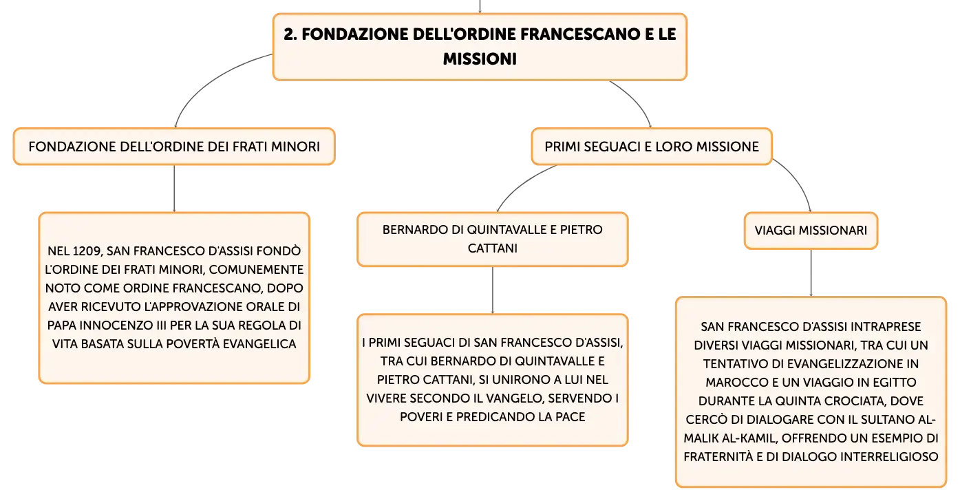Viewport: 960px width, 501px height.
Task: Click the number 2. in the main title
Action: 290,34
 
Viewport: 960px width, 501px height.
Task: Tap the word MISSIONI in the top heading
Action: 480,58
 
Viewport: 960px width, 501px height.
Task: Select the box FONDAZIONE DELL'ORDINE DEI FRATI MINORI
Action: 174,147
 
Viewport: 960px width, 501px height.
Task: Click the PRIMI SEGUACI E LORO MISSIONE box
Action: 652,147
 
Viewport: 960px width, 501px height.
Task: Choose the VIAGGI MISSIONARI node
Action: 811,231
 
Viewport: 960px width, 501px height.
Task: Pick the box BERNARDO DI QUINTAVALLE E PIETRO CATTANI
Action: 493,239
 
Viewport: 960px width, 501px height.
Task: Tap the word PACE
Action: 570,417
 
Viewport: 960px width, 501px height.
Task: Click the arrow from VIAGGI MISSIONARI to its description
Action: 811,273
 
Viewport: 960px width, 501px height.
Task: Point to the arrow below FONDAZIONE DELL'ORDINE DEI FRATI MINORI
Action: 174,189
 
